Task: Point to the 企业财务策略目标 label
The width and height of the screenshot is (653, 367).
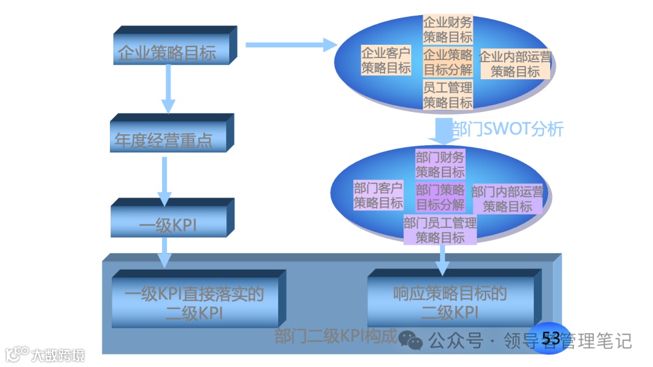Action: click(x=447, y=30)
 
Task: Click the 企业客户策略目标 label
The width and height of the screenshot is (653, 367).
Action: click(x=386, y=60)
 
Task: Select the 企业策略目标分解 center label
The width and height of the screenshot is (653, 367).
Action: click(x=447, y=61)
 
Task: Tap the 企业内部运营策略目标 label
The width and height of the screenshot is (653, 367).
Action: click(x=515, y=64)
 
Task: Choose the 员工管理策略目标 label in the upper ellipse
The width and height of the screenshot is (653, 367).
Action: click(x=447, y=95)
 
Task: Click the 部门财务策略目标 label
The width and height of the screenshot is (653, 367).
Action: click(x=440, y=164)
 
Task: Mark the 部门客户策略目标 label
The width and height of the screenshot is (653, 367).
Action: click(x=378, y=195)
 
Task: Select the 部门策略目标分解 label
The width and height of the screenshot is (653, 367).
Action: click(x=440, y=196)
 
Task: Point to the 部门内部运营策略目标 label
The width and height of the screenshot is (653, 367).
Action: click(x=507, y=199)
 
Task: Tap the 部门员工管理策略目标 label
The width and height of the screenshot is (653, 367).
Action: click(x=440, y=230)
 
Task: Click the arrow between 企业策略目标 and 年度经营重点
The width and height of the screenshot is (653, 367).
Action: click(x=168, y=88)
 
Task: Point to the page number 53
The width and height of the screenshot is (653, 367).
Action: click(x=551, y=339)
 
